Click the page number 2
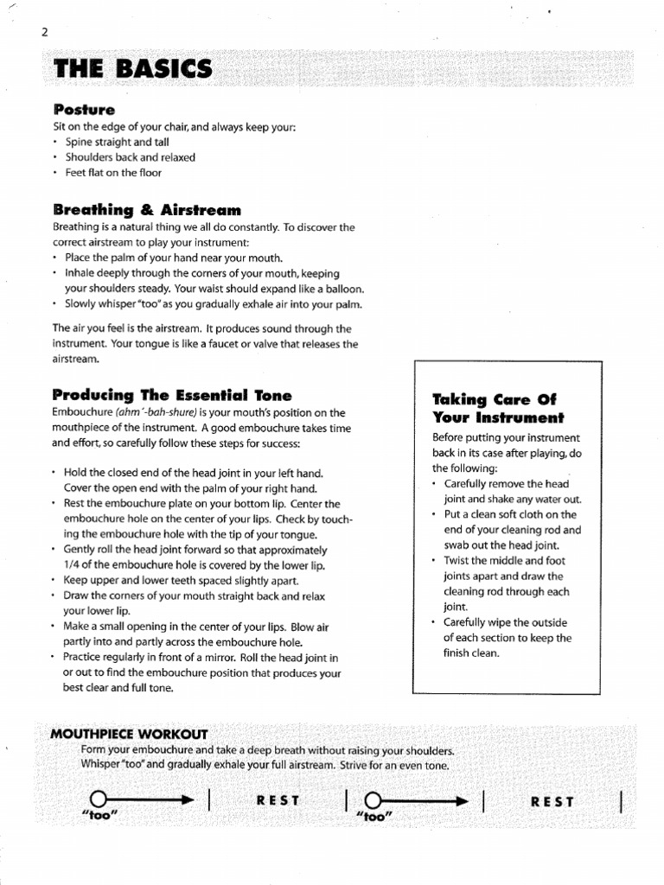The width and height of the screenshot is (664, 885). pos(42,33)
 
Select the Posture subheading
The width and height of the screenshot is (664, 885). pos(84,110)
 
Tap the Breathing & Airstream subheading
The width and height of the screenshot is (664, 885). pos(146,210)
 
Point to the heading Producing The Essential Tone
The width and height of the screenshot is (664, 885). pos(172,395)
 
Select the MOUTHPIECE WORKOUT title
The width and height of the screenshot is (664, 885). pos(129,734)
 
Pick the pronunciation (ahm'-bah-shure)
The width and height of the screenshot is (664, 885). pos(154,412)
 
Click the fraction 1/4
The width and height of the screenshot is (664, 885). pos(73,564)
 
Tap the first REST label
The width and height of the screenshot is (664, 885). pos(277,801)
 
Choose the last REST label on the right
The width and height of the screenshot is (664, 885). pos(552,801)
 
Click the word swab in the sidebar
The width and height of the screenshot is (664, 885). pos(458,545)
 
